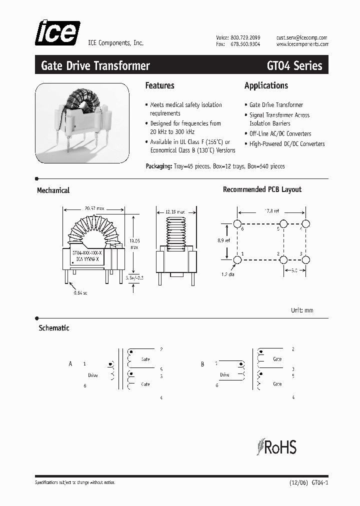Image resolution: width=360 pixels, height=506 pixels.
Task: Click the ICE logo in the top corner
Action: click(x=57, y=33)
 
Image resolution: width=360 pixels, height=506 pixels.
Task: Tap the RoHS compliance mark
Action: click(x=276, y=446)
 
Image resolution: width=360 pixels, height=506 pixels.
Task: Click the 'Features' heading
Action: click(x=159, y=85)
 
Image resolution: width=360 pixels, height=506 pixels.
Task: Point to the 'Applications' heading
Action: click(x=266, y=85)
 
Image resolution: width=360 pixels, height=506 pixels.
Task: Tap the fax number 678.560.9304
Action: click(x=245, y=44)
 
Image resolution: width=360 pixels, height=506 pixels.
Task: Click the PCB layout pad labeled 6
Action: click(x=237, y=223)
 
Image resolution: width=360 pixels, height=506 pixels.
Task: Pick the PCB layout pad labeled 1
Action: click(x=237, y=259)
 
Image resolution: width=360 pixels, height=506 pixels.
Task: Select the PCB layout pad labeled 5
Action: click(x=283, y=223)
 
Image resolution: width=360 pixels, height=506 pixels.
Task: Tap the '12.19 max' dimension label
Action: click(x=174, y=211)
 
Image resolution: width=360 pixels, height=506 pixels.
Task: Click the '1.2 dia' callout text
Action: click(x=228, y=274)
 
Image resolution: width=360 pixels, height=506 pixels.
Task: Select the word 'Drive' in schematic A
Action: click(x=93, y=375)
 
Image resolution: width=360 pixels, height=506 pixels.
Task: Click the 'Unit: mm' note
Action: click(x=302, y=310)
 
